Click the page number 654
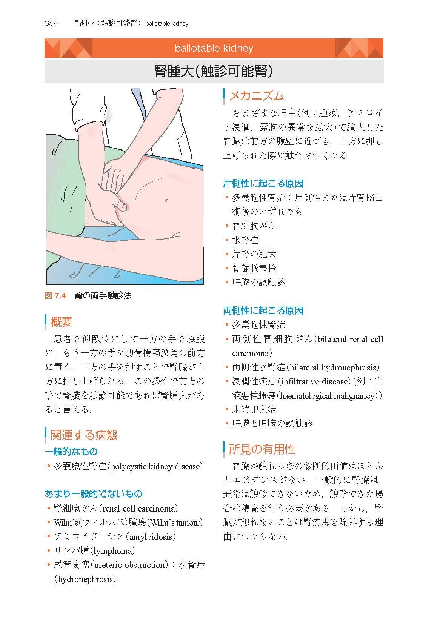[51, 23]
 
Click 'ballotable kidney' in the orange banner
[214, 48]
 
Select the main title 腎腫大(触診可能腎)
[214, 71]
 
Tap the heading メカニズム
[256, 96]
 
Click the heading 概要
[61, 322]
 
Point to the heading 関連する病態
[84, 435]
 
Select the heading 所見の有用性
[262, 449]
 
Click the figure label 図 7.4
[55, 295]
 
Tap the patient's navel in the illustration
[167, 200]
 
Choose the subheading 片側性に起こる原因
[263, 183]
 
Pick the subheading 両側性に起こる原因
[263, 310]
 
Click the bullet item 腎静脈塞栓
[254, 268]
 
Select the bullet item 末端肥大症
[254, 409]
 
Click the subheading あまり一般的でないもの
[94, 494]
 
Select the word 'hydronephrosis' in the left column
[85, 579]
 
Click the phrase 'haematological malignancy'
[328, 396]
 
